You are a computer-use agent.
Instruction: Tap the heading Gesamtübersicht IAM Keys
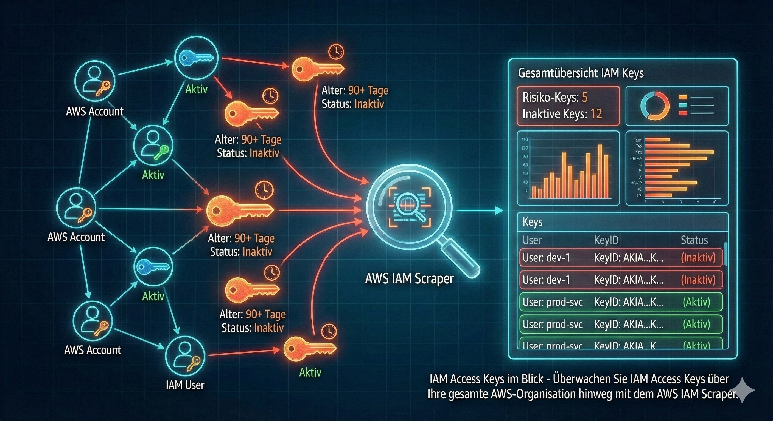(x=581, y=73)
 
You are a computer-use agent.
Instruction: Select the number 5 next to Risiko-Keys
(x=584, y=97)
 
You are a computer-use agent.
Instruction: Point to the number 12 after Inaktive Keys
(x=596, y=114)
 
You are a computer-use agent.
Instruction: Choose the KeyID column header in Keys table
(x=606, y=240)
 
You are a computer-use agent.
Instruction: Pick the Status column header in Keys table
(x=694, y=240)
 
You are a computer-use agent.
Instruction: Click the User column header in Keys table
(x=532, y=240)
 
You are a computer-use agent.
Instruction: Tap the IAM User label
(x=185, y=385)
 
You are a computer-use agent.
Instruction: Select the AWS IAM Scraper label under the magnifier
(x=409, y=279)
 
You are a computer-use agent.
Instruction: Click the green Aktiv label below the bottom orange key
(x=310, y=372)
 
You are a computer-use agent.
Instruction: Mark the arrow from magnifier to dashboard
(x=480, y=211)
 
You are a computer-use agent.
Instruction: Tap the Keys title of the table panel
(x=532, y=222)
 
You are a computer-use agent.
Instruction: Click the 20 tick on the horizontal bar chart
(x=714, y=202)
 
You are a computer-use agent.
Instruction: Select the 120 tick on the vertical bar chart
(x=525, y=148)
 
